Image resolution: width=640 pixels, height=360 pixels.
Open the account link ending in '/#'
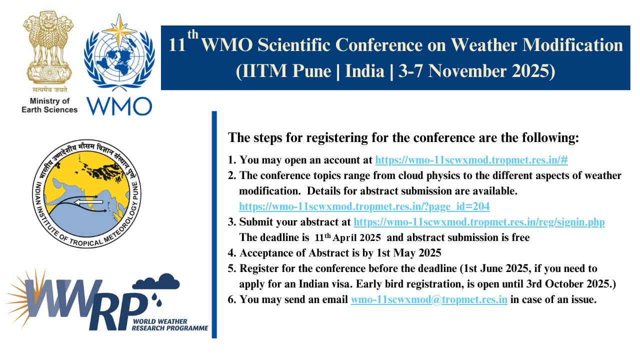pos(471,160)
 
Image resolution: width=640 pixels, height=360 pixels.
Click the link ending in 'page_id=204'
pos(364,206)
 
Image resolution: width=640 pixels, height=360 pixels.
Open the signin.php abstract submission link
pos(479,222)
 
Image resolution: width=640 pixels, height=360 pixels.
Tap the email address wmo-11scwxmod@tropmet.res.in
pos(429,300)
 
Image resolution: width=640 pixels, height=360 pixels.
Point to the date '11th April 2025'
pos(348,238)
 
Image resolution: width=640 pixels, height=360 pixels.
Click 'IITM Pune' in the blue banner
pos(283,71)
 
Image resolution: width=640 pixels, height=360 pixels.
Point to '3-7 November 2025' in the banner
pos(477,71)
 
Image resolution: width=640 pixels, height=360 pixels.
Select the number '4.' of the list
pos(232,253)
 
